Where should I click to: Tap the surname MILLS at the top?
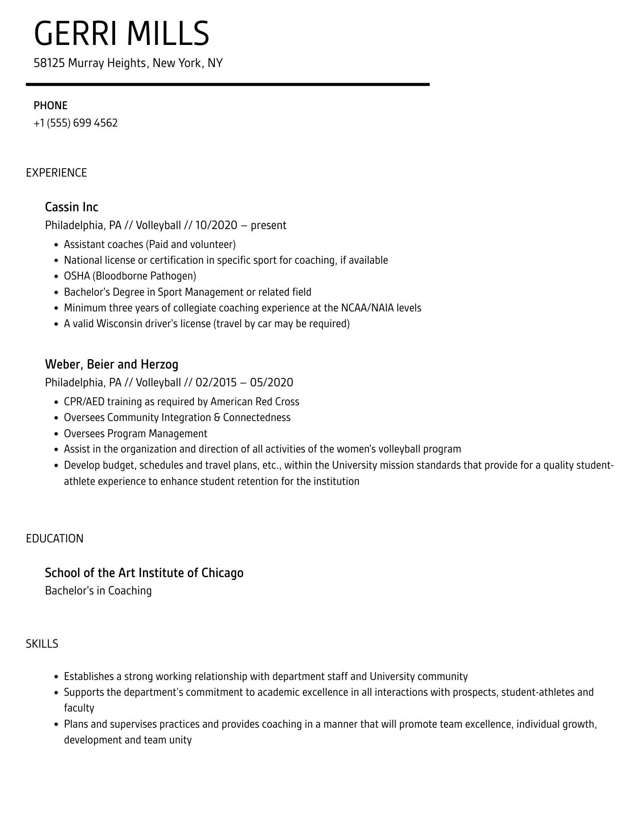(168, 34)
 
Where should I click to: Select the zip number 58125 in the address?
(49, 63)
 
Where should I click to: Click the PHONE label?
(50, 106)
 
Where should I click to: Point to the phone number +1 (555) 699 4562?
(76, 123)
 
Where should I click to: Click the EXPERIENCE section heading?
(56, 173)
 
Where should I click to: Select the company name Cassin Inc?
(71, 207)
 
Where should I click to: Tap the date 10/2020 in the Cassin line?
(216, 225)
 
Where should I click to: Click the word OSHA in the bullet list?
(77, 276)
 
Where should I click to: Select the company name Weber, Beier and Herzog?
(112, 364)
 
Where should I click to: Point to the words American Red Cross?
(255, 402)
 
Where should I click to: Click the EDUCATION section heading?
(54, 539)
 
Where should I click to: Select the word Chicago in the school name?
(222, 573)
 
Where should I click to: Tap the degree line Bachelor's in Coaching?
(98, 590)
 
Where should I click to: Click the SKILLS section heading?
(42, 644)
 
